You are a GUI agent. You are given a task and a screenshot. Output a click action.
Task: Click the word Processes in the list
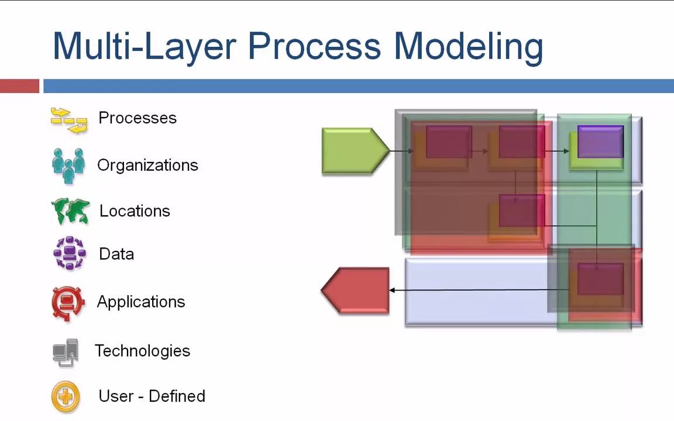click(137, 118)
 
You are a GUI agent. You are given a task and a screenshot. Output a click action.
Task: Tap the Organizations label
click(147, 165)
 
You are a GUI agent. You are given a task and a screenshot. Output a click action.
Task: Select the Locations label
click(135, 211)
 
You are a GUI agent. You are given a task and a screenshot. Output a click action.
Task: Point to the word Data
click(116, 254)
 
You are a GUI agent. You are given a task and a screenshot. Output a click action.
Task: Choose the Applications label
click(141, 302)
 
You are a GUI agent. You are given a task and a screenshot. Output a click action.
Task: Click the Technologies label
click(142, 351)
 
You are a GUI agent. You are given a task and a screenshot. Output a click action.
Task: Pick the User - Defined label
click(152, 396)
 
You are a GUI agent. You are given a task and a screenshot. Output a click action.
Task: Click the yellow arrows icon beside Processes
click(69, 120)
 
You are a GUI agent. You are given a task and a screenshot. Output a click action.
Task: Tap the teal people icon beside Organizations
click(68, 165)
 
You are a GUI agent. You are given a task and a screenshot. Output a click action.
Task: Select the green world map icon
click(70, 212)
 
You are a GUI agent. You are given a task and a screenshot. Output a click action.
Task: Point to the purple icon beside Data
click(70, 253)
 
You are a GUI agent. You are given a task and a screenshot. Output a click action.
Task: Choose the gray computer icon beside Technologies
click(66, 352)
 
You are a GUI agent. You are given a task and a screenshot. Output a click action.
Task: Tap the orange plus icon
click(66, 398)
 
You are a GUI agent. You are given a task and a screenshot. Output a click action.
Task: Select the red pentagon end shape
click(356, 290)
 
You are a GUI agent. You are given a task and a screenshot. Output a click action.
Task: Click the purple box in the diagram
click(600, 142)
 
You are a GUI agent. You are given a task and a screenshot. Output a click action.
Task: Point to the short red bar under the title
click(19, 87)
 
